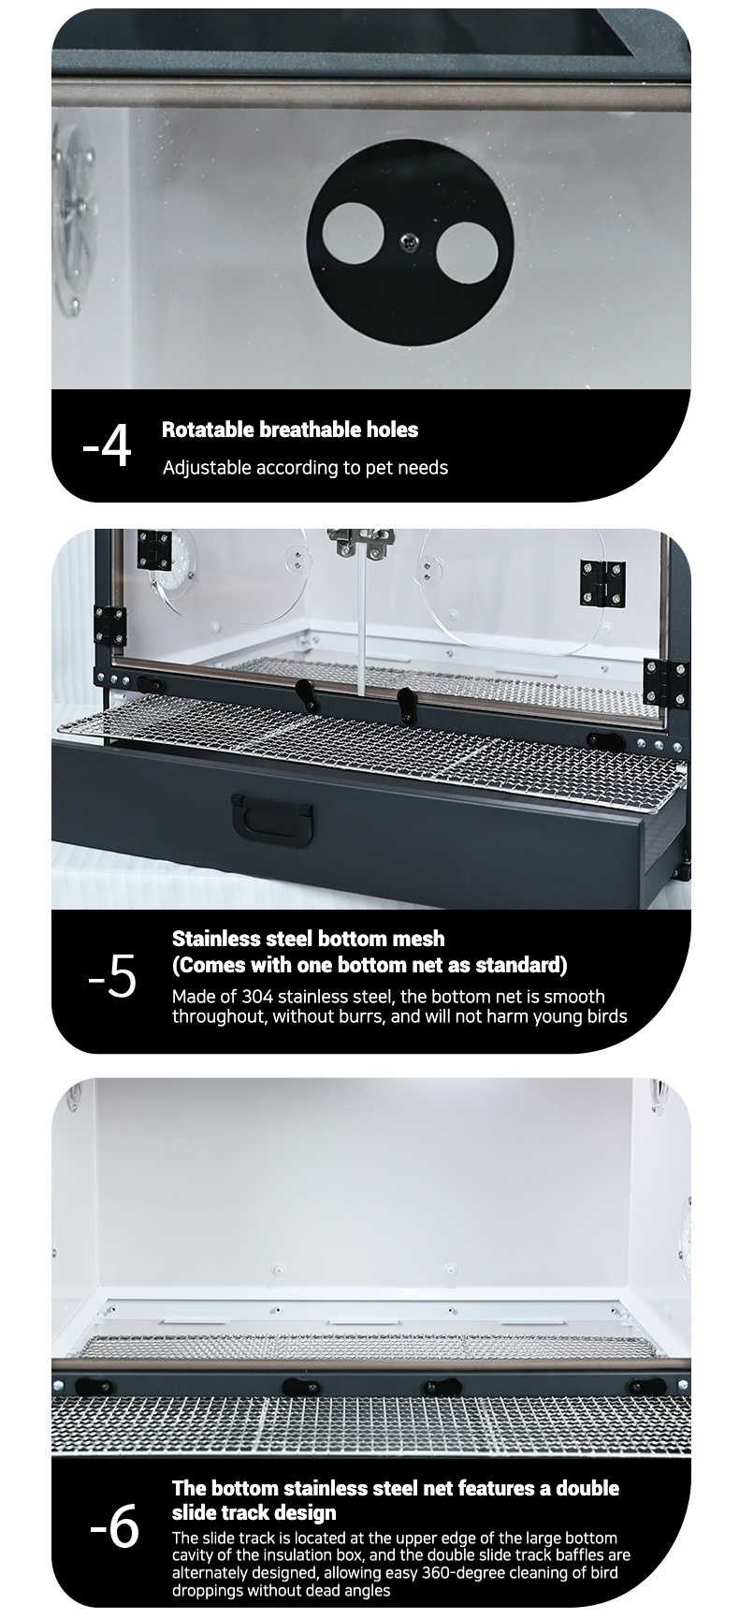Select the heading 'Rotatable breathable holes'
click(290, 430)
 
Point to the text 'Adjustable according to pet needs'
click(305, 467)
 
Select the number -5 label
click(112, 976)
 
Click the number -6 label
click(114, 1527)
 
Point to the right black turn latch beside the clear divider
click(406, 701)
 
